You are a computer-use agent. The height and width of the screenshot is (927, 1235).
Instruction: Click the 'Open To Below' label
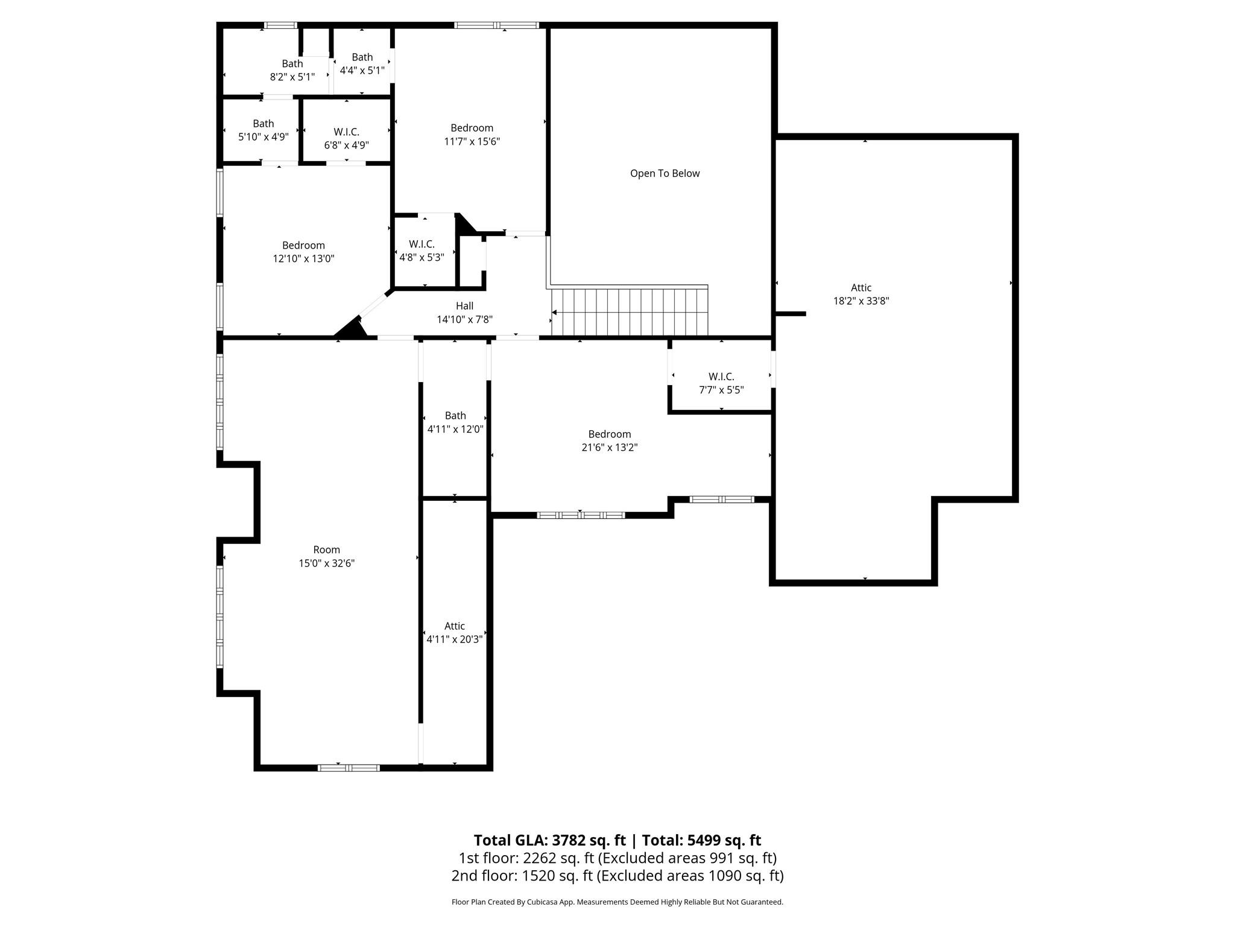point(665,174)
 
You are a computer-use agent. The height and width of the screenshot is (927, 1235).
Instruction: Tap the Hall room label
point(464,306)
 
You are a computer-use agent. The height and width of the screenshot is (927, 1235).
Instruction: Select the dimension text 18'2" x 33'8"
point(861,301)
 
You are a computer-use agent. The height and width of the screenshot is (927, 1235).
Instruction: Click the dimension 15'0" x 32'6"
point(326,563)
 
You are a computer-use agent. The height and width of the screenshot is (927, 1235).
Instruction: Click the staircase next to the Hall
point(630,312)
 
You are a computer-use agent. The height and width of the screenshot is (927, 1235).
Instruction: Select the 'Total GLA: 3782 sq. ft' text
point(549,840)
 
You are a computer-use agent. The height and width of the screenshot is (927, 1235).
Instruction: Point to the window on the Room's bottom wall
point(349,768)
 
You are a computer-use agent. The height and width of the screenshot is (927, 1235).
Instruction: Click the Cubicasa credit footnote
point(617,902)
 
